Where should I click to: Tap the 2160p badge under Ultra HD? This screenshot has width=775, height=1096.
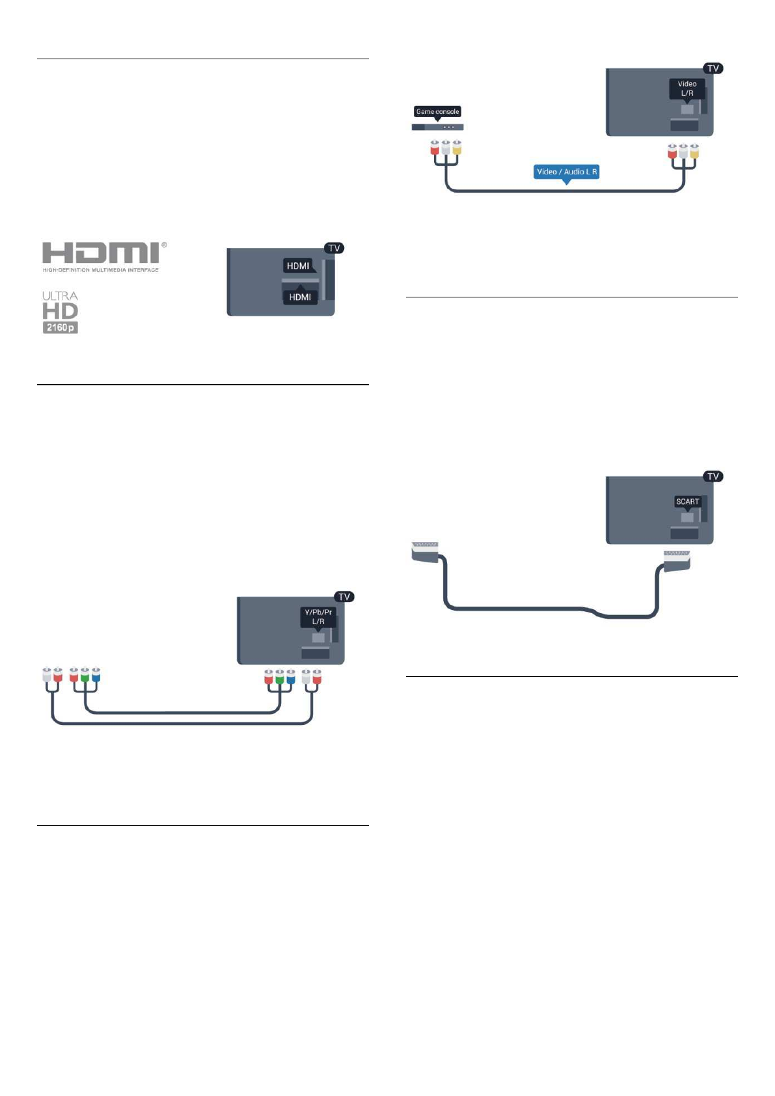[x=61, y=327]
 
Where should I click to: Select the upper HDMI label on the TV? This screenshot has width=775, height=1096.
[x=298, y=266]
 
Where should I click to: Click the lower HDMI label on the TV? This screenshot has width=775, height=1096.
[x=300, y=297]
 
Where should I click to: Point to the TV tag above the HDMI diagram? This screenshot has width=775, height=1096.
[x=334, y=248]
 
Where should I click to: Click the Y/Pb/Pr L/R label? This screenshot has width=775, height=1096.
[x=318, y=616]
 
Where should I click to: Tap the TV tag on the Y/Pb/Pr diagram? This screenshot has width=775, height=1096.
[x=344, y=597]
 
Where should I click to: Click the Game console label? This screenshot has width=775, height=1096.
[x=437, y=111]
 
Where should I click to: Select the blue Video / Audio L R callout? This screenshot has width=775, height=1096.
[x=566, y=172]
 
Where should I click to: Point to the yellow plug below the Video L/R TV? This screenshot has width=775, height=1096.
[x=694, y=152]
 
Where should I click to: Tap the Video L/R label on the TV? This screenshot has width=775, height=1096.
[x=687, y=88]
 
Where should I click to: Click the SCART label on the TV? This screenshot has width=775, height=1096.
[x=687, y=501]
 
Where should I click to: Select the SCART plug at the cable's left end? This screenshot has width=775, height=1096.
[x=425, y=549]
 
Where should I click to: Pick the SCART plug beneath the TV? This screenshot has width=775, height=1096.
[x=677, y=558]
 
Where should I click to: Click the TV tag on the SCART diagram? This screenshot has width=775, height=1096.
[x=713, y=476]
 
